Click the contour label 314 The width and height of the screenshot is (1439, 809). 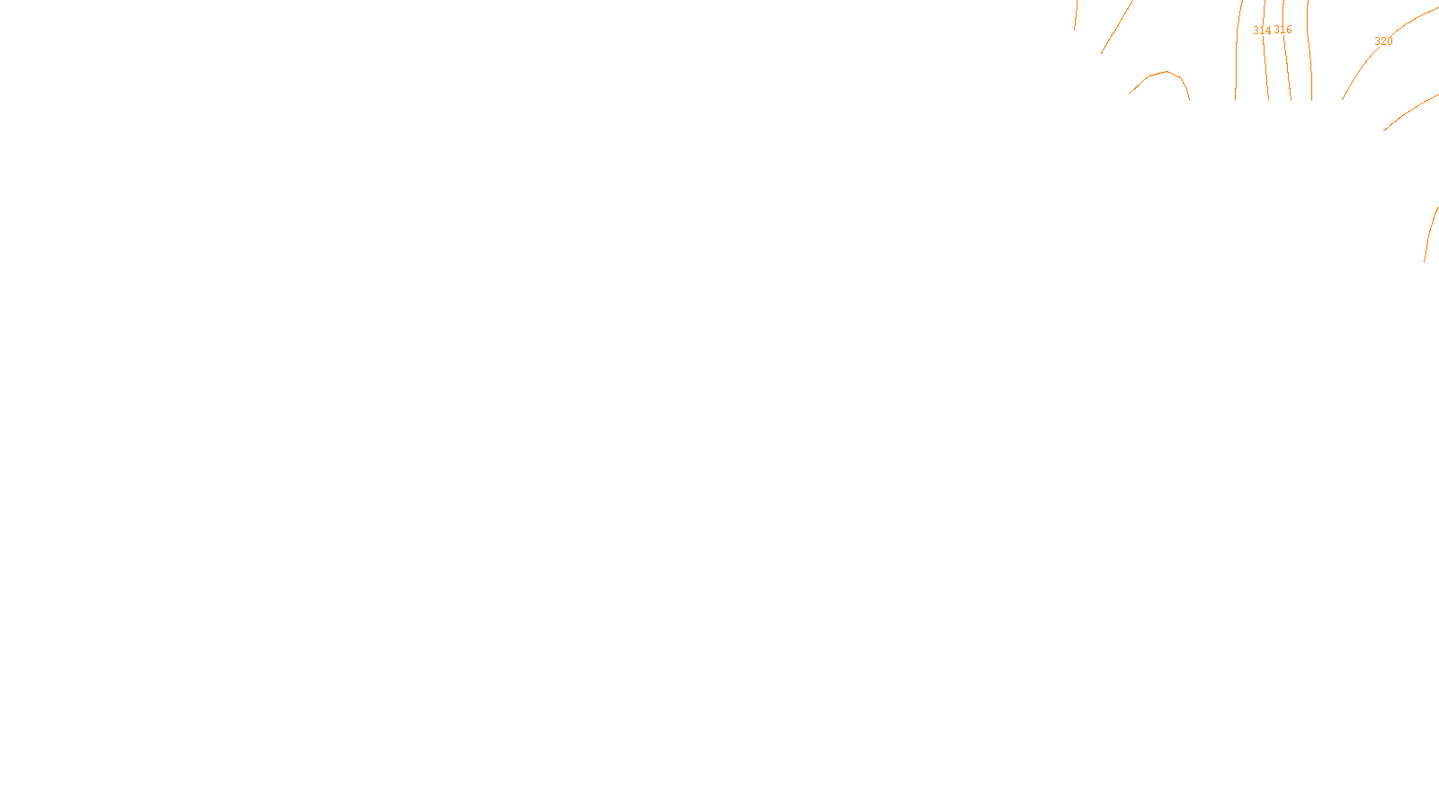pos(1262,31)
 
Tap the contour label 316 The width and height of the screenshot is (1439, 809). pos(1283,30)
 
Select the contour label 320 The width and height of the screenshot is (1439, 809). pos(1383,41)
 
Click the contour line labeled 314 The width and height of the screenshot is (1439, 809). pos(1266,72)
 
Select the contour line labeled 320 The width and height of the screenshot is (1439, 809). pos(1358,72)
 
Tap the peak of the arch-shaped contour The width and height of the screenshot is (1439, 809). pos(1166,72)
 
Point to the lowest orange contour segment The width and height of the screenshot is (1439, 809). pos(1428,234)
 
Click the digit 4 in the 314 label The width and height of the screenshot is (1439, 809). pos(1268,31)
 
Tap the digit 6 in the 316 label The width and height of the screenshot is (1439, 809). pos(1289,30)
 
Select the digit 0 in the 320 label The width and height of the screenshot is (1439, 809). pos(1390,41)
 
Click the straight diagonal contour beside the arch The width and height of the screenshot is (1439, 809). pos(1116,27)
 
